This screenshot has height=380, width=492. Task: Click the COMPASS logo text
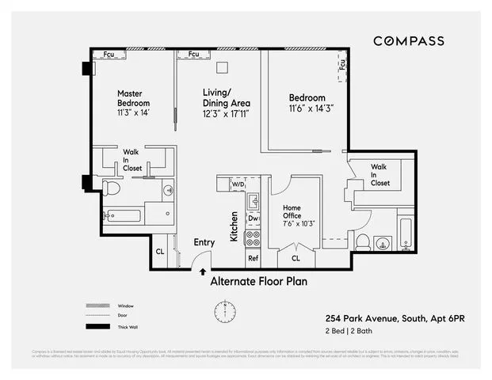pos(409,41)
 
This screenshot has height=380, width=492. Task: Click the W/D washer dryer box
pos(238,184)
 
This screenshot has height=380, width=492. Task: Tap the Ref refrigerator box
pos(253,258)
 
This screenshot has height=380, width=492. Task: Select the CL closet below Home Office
pos(296,258)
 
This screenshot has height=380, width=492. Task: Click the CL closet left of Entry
pos(160,253)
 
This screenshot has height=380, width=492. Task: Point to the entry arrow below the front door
pos(203,272)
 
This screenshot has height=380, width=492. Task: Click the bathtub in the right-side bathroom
pos(405,233)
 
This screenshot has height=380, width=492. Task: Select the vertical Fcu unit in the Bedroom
pos(342,65)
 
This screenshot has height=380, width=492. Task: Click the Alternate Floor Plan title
pos(258,281)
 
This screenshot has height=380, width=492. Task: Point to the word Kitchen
pos(235,226)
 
